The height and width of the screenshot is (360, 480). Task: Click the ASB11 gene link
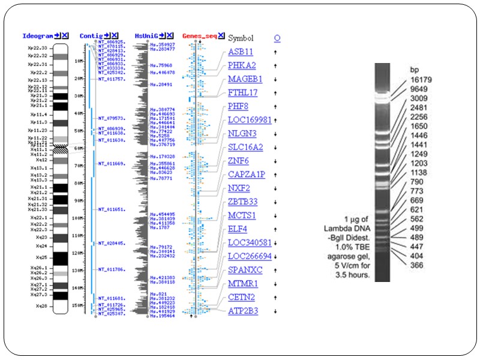point(240,52)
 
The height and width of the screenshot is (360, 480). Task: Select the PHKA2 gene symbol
point(242,65)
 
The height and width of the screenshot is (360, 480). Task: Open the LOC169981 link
point(250,120)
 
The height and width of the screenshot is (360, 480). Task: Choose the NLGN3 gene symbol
point(242,133)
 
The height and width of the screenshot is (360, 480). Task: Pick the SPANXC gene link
point(245,270)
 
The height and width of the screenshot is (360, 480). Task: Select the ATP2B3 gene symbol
point(244,311)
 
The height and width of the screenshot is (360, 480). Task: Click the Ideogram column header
point(37,36)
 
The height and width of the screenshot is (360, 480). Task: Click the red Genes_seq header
point(199,36)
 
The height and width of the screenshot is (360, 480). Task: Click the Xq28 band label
point(41,306)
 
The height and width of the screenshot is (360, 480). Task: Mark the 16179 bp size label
point(421,79)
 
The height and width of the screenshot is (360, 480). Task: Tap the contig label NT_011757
point(112,79)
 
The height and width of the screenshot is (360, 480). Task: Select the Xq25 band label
point(41,257)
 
